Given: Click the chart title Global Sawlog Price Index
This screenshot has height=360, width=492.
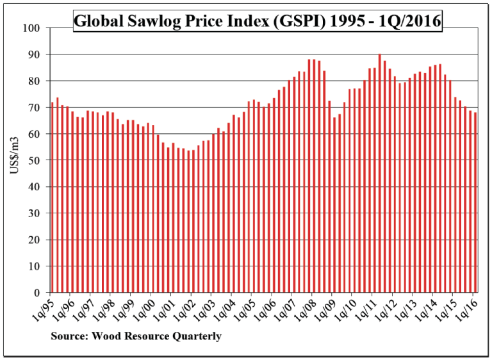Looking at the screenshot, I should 257,21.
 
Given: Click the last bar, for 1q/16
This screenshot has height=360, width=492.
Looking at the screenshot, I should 475,202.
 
